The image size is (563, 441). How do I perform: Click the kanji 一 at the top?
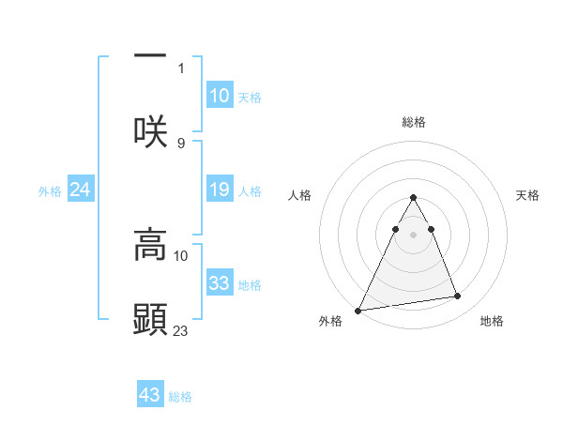151,55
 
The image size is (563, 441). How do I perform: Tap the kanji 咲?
151,130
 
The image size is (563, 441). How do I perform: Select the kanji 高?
151,245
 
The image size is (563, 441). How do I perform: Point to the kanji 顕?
151,319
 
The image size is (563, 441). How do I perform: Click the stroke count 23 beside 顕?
181,330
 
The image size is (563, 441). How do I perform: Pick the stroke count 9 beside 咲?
181,143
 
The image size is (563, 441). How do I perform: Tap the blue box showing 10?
220,96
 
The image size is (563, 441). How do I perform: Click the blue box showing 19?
220,190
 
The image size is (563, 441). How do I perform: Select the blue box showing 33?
220,283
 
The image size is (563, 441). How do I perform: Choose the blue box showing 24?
80,190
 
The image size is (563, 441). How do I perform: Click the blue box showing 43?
150,395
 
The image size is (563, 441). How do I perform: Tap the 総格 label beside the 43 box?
181,397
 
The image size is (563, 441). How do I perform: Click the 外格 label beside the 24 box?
50,191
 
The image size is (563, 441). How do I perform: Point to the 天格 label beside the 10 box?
250,98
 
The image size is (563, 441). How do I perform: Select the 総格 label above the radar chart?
414,122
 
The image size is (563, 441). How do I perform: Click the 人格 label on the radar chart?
299,195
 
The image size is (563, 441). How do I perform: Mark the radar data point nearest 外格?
358,310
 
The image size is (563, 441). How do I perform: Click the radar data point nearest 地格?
458,297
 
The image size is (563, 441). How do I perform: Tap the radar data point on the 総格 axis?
413,198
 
